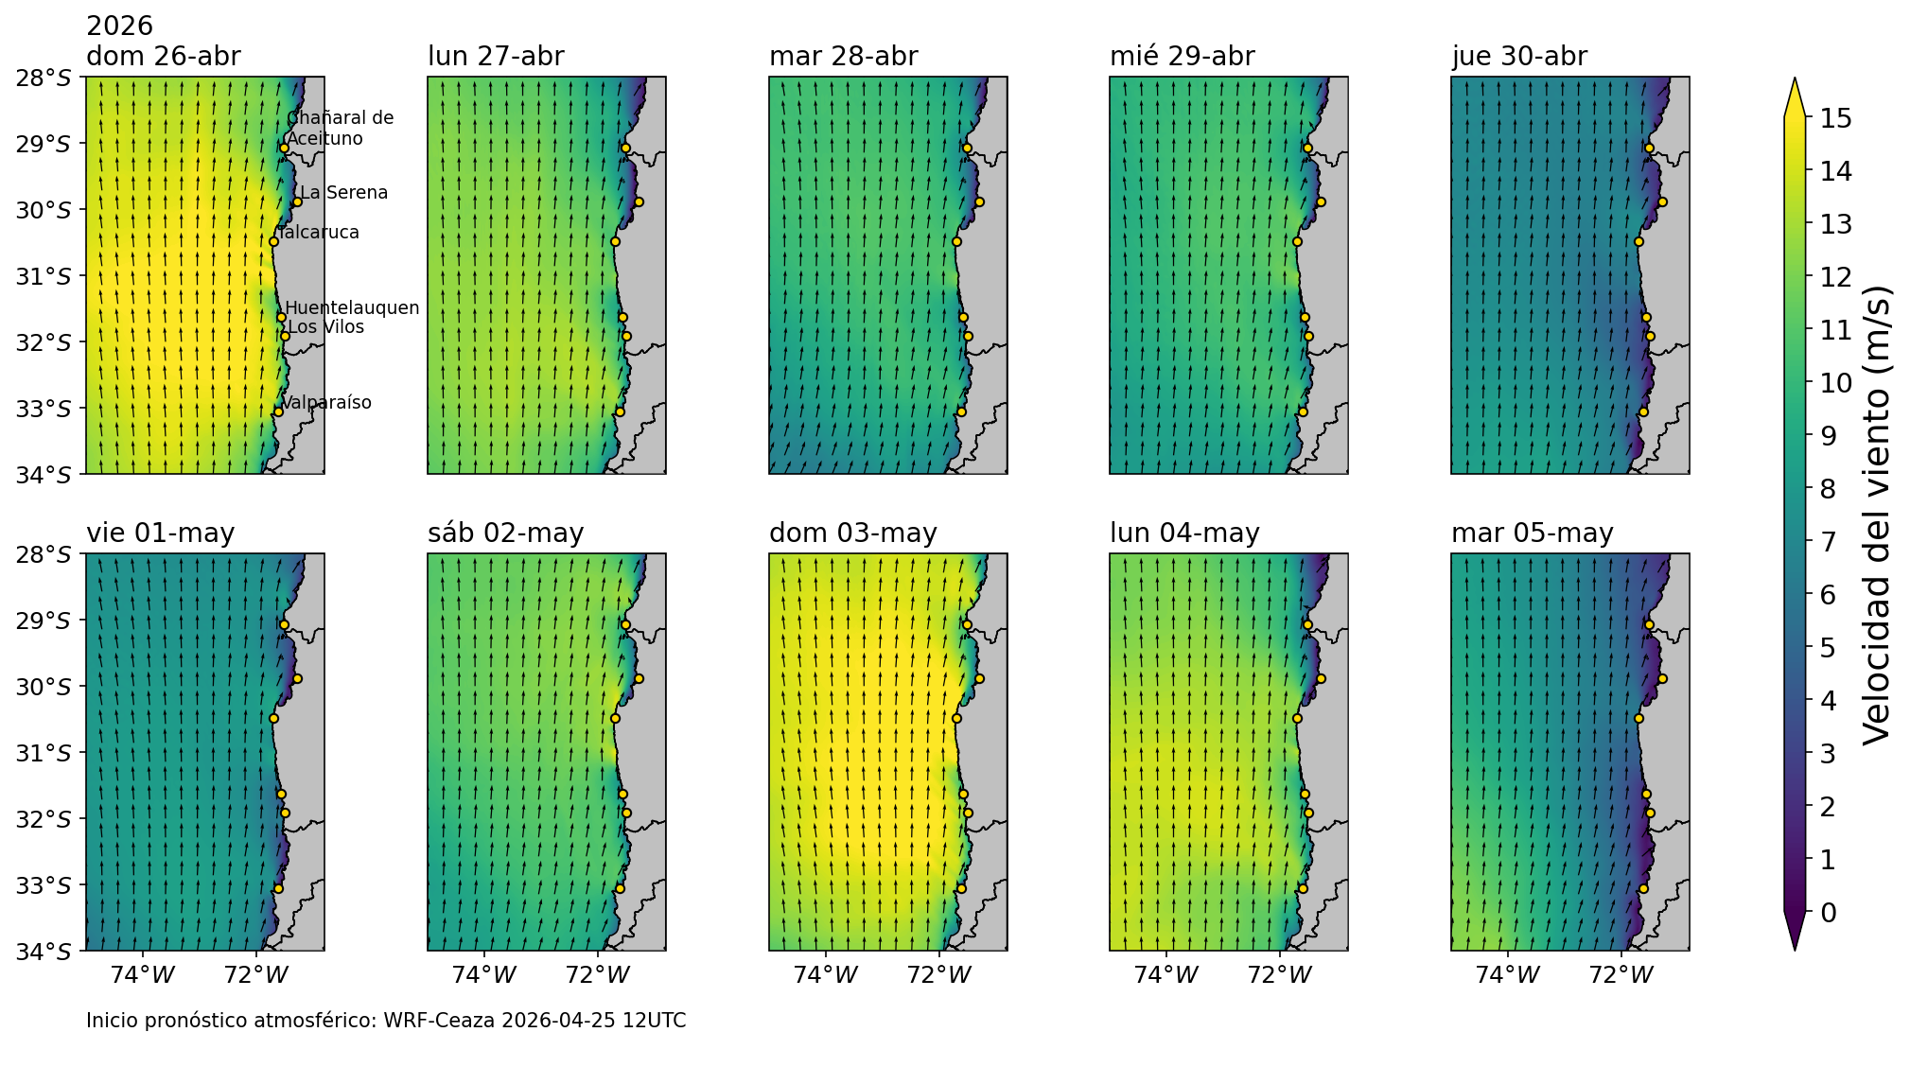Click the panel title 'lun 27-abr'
point(496,57)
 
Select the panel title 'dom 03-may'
point(852,533)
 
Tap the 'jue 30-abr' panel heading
point(1518,57)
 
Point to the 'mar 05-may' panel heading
point(1532,533)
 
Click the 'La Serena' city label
point(343,193)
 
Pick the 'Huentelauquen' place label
point(352,308)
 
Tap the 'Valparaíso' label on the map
point(326,403)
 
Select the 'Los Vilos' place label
point(325,327)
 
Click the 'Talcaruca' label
point(320,233)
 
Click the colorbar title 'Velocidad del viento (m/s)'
point(1876,515)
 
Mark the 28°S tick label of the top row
point(43,78)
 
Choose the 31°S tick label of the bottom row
point(43,753)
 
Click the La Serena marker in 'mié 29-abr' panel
point(1321,201)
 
